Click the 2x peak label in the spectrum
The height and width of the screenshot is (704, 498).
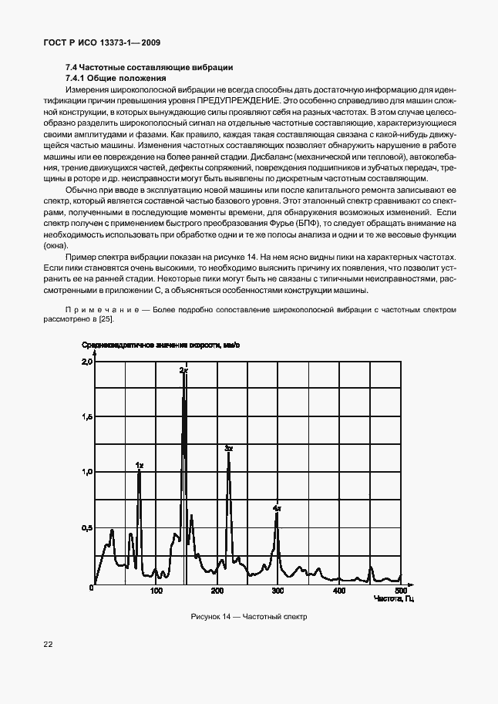(x=183, y=371)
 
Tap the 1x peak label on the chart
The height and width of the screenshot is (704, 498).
(x=139, y=465)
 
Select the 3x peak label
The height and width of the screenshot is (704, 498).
(x=228, y=448)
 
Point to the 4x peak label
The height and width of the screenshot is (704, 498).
(x=277, y=509)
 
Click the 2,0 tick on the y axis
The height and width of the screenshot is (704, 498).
(x=87, y=361)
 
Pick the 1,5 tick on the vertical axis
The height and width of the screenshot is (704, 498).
(x=87, y=416)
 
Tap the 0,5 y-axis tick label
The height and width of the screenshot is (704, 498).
(x=87, y=528)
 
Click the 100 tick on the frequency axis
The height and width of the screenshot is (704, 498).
(x=156, y=591)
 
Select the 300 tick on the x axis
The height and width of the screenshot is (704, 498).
(x=278, y=591)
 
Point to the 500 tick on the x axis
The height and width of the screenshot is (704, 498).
(x=399, y=591)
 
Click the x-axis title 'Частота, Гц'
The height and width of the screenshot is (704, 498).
(x=394, y=599)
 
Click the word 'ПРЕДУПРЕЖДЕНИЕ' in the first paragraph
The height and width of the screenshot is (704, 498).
(x=234, y=101)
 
